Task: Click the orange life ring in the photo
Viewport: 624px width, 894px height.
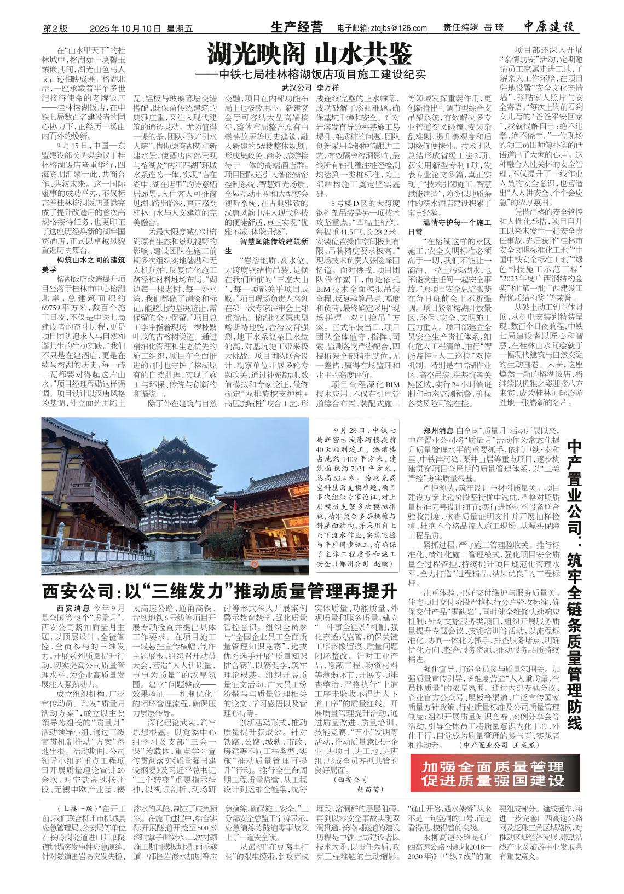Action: click(253, 563)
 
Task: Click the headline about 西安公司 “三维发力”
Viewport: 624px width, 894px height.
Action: click(219, 592)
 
